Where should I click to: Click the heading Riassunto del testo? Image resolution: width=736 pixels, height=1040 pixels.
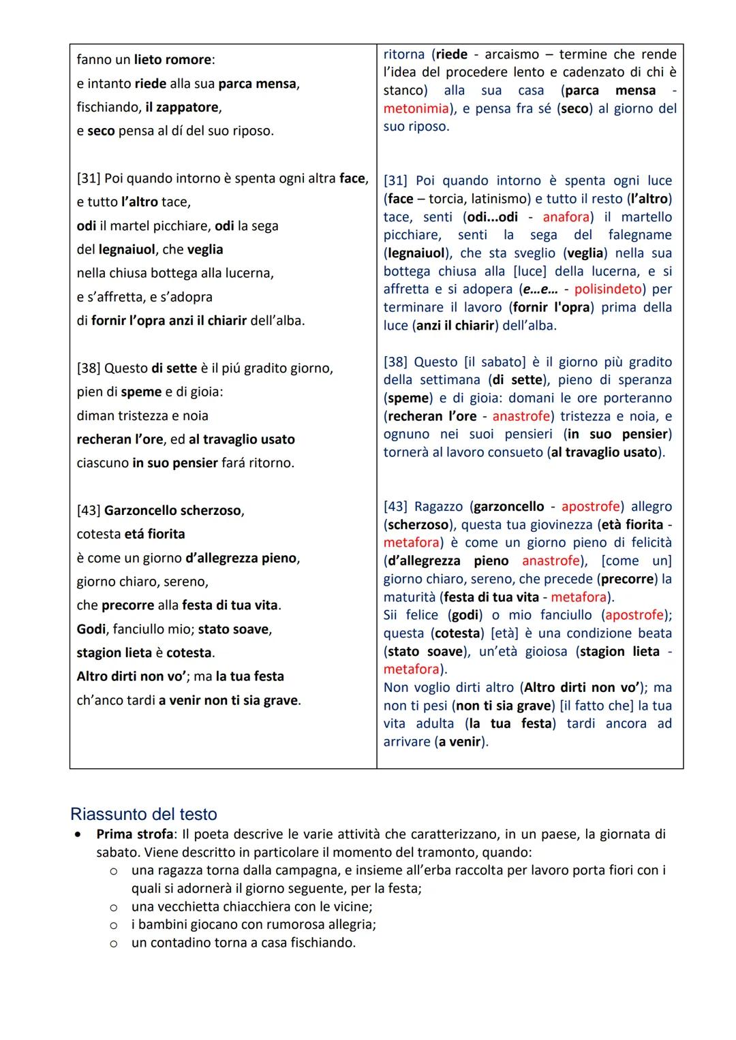click(143, 814)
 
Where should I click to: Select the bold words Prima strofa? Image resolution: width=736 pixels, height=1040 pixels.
click(134, 834)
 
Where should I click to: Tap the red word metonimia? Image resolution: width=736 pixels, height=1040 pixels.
click(416, 108)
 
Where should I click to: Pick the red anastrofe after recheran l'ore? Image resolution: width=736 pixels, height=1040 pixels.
click(521, 416)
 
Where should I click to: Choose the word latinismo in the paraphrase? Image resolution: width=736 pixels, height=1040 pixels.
click(502, 199)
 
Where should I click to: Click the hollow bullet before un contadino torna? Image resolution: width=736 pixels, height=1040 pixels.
click(114, 943)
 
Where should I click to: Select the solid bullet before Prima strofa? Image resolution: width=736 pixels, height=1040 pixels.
click(80, 834)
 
